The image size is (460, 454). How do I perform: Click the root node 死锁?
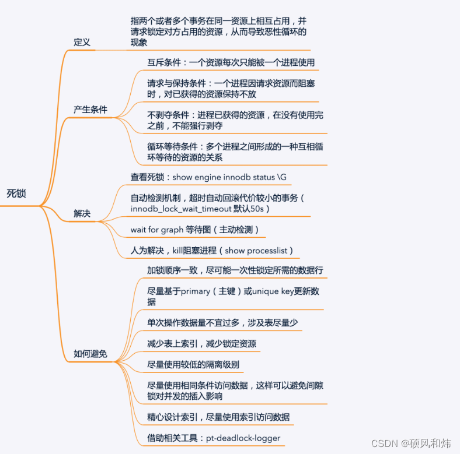pos(16,193)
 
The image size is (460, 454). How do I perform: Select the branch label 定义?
pos(82,42)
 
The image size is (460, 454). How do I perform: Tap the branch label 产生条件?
pos(90,110)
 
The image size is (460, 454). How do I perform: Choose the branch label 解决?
pos(82,213)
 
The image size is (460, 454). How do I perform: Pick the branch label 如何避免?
pos(90,353)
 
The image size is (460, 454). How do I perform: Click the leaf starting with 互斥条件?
pos(232,62)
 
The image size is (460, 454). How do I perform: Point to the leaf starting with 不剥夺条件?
pos(235,120)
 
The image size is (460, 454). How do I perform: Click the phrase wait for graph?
pos(157,230)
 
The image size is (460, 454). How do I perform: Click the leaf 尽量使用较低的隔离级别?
pos(193,365)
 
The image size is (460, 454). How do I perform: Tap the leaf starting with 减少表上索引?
pos(201,343)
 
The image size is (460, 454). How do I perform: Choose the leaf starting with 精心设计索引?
pos(218,417)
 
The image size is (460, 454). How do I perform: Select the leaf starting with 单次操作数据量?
pos(224,322)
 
